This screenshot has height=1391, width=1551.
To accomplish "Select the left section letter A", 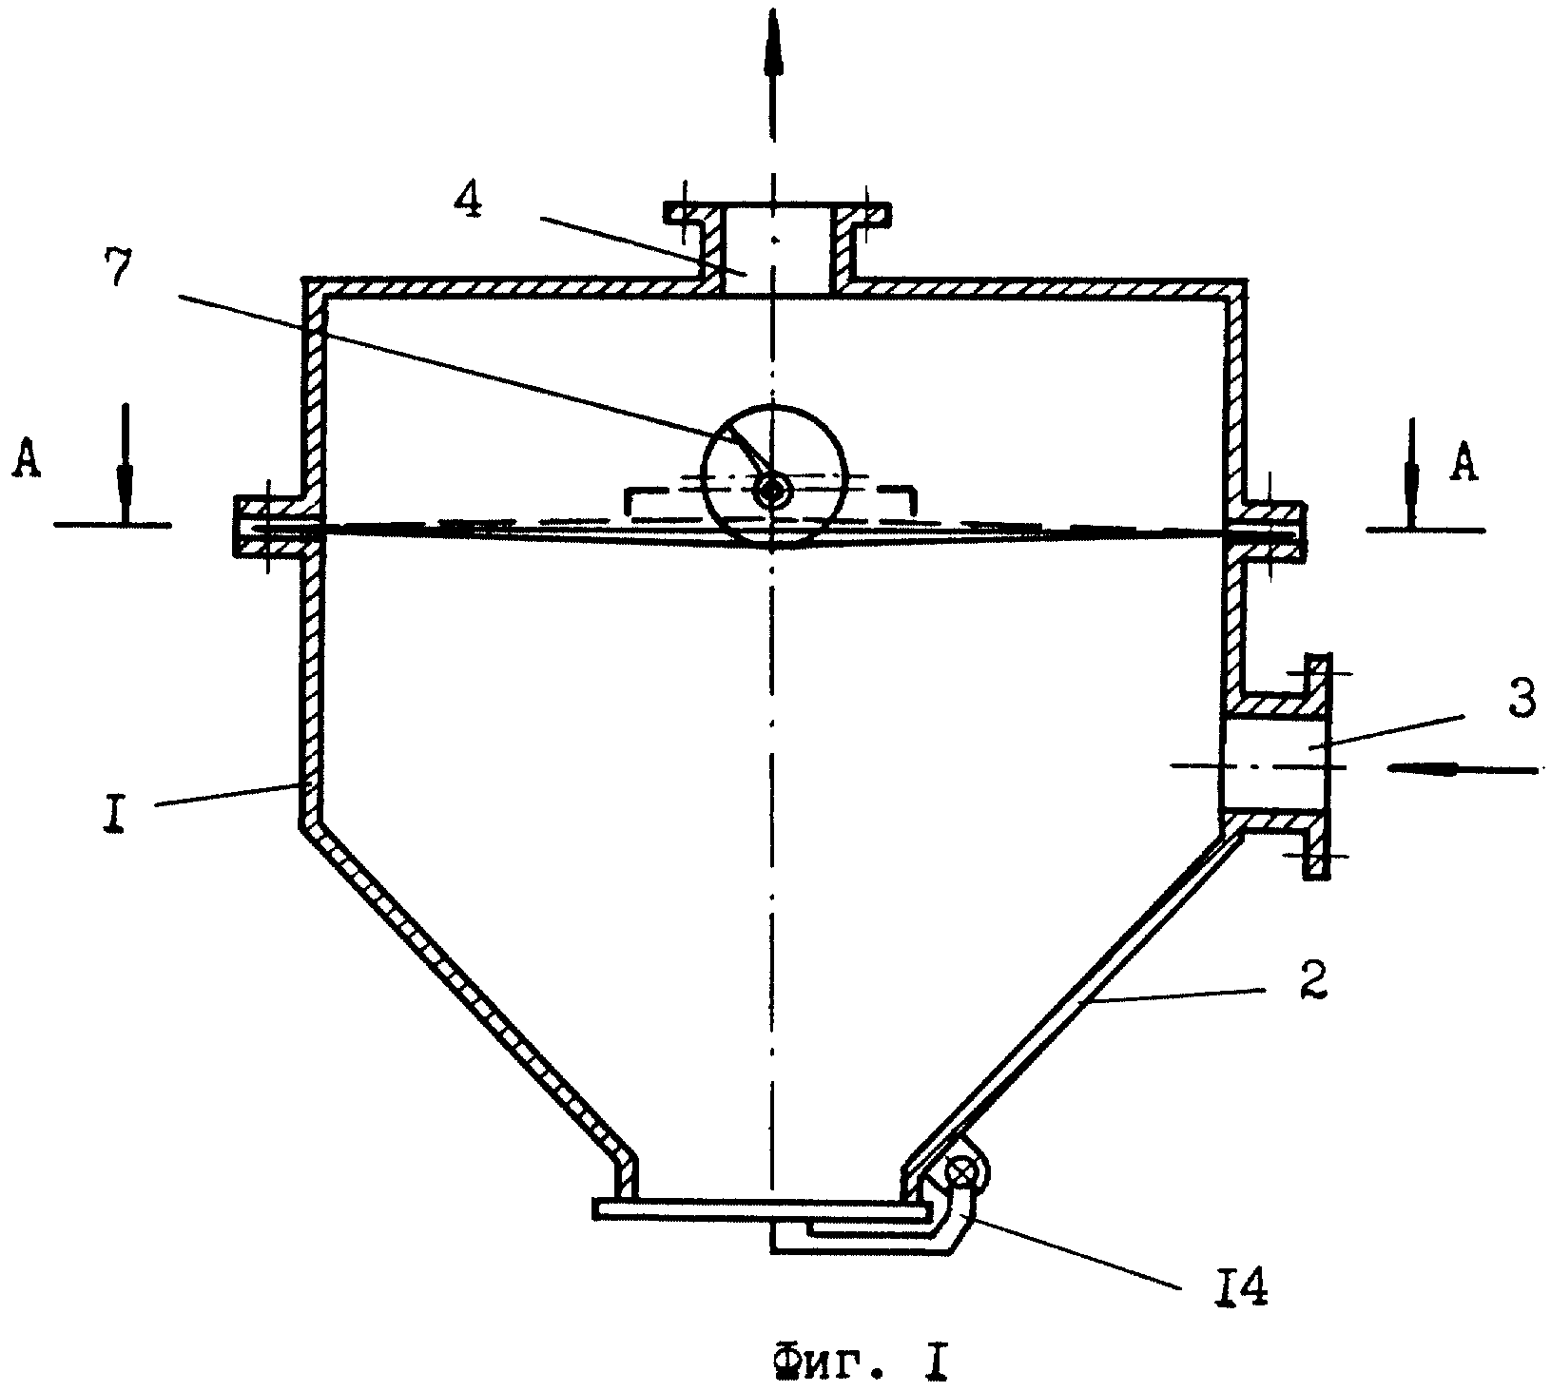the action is pyautogui.click(x=28, y=463).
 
